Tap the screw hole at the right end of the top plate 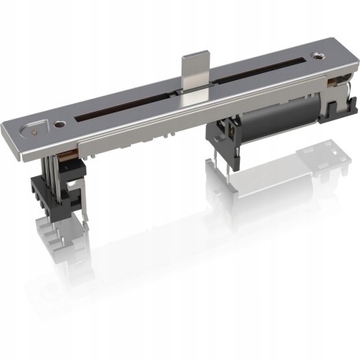(317, 56)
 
